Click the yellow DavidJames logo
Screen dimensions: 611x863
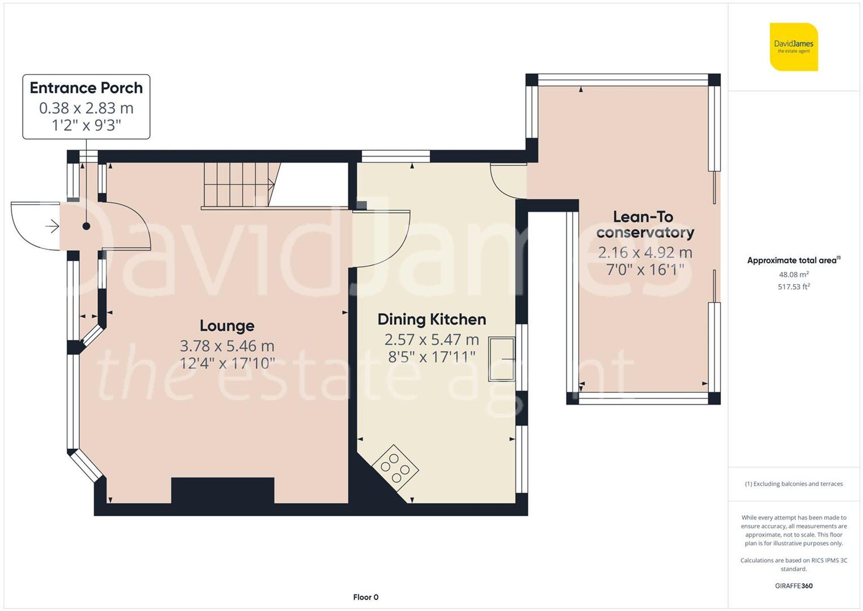pyautogui.click(x=794, y=47)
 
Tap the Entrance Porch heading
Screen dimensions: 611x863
pyautogui.click(x=86, y=88)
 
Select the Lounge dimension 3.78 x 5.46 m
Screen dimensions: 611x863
pyautogui.click(x=227, y=346)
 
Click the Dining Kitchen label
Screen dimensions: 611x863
pyautogui.click(x=431, y=320)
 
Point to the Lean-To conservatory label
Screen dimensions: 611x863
pyautogui.click(x=645, y=225)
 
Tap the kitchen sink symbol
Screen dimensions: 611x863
pyautogui.click(x=501, y=359)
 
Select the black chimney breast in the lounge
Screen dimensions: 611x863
pyautogui.click(x=223, y=490)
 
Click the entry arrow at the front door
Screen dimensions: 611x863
pyautogui.click(x=52, y=226)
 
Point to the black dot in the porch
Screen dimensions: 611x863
pyautogui.click(x=86, y=226)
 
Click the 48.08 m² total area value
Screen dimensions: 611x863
pyautogui.click(x=794, y=275)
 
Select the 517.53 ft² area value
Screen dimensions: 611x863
pyautogui.click(x=794, y=287)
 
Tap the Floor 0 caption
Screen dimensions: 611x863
pyautogui.click(x=365, y=597)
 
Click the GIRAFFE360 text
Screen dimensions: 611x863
pyautogui.click(x=794, y=586)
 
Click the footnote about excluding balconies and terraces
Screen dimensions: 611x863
pyautogui.click(x=794, y=484)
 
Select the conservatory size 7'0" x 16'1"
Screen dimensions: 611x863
pyautogui.click(x=645, y=270)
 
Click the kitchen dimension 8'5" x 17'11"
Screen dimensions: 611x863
pyautogui.click(x=431, y=357)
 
